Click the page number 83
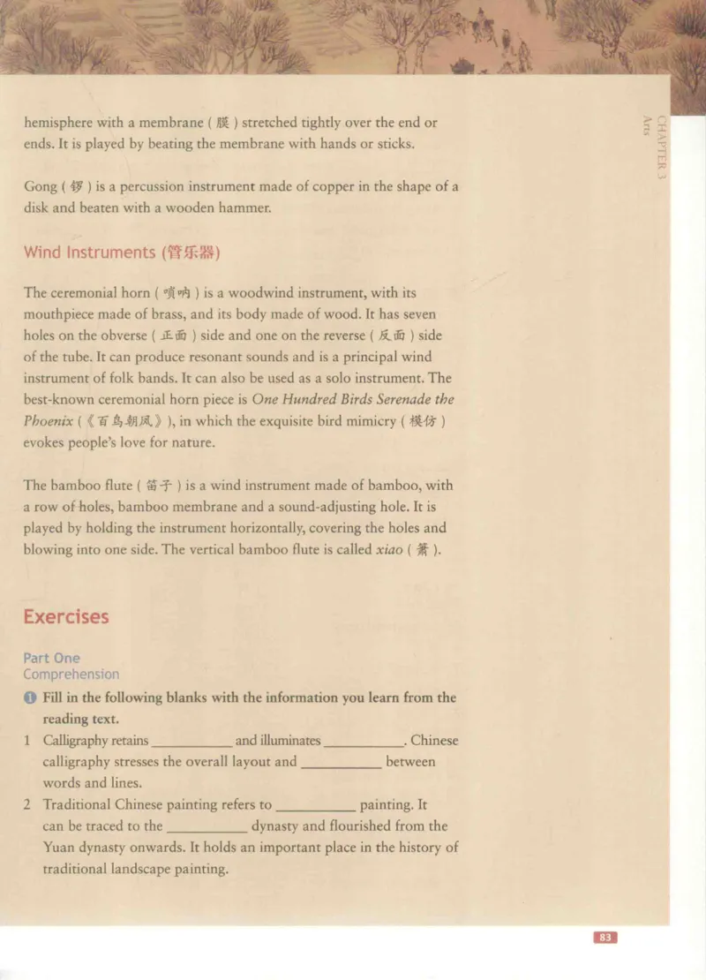(x=605, y=938)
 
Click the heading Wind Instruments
(x=88, y=253)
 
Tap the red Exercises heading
(x=66, y=616)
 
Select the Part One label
(x=51, y=658)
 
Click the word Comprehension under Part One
(x=71, y=675)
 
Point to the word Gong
(x=40, y=187)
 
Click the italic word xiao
(x=390, y=549)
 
